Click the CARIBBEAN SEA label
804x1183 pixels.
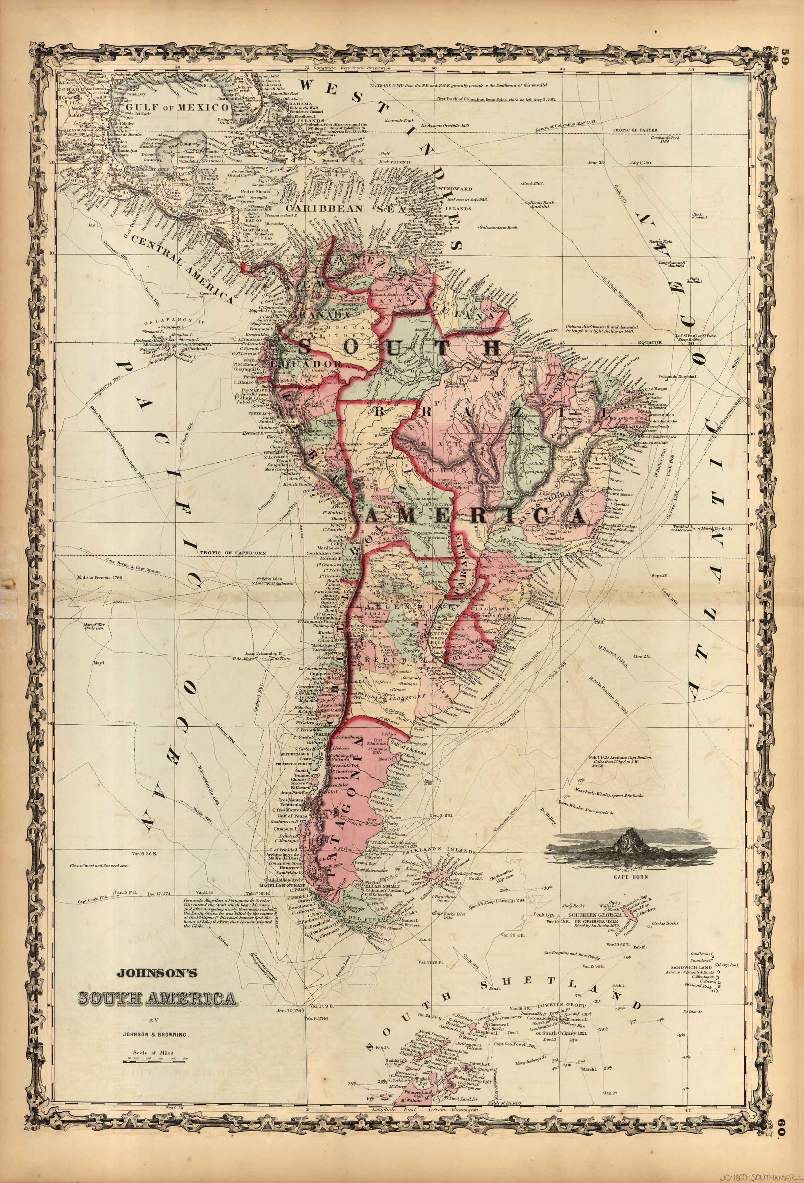pos(345,208)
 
